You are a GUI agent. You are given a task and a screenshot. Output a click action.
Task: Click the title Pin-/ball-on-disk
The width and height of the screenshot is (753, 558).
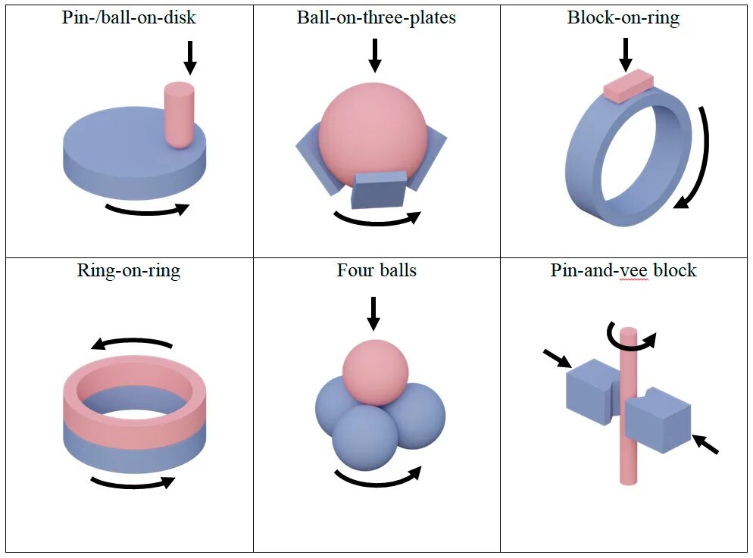tap(129, 17)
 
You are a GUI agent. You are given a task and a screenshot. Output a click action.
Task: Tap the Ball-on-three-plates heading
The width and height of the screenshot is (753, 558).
tap(376, 17)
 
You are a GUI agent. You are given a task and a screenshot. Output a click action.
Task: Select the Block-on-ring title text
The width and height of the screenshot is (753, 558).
tap(623, 17)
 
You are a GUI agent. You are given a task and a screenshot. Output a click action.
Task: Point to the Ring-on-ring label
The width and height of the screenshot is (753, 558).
tap(129, 270)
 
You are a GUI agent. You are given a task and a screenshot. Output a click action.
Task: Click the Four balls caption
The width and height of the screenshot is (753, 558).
tap(376, 270)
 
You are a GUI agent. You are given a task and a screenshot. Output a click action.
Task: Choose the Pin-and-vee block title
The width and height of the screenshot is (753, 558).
tap(623, 270)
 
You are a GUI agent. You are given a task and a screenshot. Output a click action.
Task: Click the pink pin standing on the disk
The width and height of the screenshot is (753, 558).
tap(180, 114)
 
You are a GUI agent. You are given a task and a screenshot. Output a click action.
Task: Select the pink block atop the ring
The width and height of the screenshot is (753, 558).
tap(628, 86)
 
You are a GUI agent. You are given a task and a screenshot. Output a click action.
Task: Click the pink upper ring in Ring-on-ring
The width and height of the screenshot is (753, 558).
tap(133, 409)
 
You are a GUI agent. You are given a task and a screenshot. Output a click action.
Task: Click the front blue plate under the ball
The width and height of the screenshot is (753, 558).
tap(379, 189)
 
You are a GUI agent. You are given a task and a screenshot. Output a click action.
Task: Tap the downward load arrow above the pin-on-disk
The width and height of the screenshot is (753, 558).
tap(189, 58)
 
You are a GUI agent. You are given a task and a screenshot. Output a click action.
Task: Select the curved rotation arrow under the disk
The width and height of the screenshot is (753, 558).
tap(146, 209)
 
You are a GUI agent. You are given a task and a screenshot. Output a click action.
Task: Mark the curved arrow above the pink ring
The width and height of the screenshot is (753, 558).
tap(133, 343)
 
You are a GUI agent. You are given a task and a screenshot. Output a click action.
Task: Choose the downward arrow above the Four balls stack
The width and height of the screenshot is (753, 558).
tap(373, 313)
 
